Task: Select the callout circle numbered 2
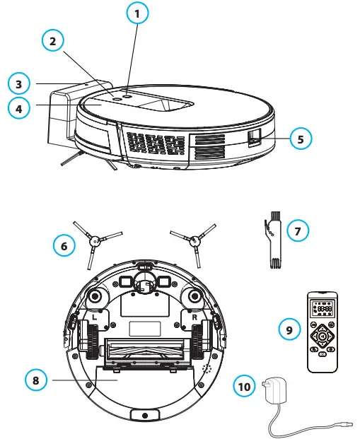click(52, 42)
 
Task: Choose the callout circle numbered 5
click(301, 139)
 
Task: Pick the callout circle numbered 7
click(298, 231)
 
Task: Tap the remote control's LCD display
click(324, 309)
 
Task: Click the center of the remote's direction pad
click(323, 336)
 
